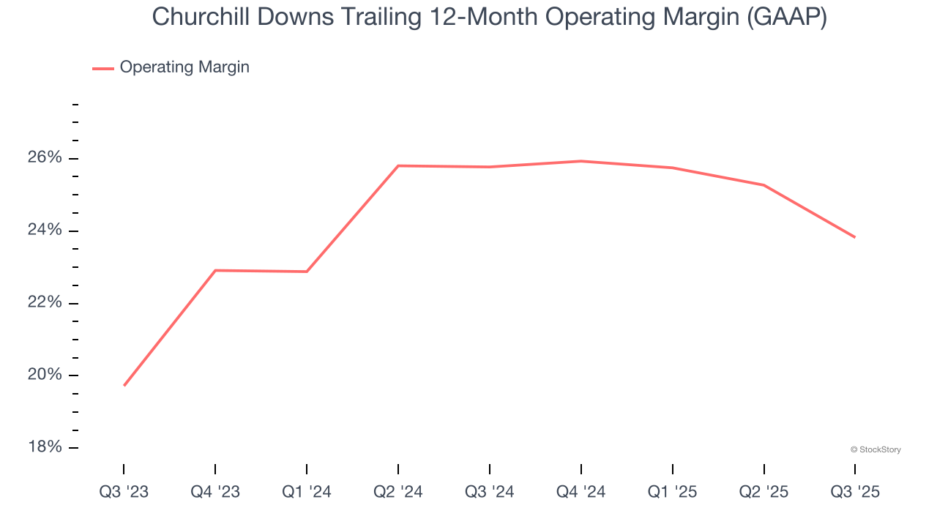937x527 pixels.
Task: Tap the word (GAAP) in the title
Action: pyautogui.click(x=786, y=18)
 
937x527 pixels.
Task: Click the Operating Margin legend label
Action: pyautogui.click(x=184, y=67)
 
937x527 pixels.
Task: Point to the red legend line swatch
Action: pyautogui.click(x=103, y=68)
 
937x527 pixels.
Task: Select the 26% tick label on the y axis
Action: pyautogui.click(x=45, y=158)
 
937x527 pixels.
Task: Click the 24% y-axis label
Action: pyautogui.click(x=45, y=231)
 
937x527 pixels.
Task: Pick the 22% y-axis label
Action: pyautogui.click(x=45, y=303)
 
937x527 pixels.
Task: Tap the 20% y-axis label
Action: pyautogui.click(x=45, y=375)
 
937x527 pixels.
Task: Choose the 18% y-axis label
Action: pyautogui.click(x=45, y=447)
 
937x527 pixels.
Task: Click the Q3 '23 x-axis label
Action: pyautogui.click(x=124, y=492)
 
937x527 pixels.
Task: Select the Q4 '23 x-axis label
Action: pyautogui.click(x=215, y=492)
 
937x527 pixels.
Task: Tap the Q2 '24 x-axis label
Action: pyautogui.click(x=398, y=492)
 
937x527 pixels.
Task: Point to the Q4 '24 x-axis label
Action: pyautogui.click(x=581, y=492)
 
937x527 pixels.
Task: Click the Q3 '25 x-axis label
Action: pyautogui.click(x=855, y=492)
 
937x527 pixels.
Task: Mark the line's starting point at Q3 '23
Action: pyautogui.click(x=124, y=385)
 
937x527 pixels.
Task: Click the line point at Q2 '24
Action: pyautogui.click(x=398, y=165)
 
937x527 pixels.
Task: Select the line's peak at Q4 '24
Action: pyautogui.click(x=581, y=161)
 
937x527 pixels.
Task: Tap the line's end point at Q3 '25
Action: pyautogui.click(x=854, y=237)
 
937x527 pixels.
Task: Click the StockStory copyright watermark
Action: pyautogui.click(x=876, y=449)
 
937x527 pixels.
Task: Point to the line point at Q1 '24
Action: pyautogui.click(x=307, y=272)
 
